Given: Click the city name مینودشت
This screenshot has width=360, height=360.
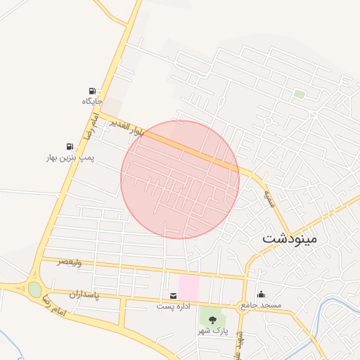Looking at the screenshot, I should point(290,238).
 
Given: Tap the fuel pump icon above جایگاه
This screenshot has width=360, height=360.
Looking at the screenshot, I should point(93,91).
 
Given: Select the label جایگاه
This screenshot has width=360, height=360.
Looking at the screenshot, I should point(93,102).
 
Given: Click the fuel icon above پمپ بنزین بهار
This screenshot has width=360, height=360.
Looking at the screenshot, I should point(69,146).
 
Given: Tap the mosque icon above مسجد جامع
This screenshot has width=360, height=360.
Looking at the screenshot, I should point(262,295).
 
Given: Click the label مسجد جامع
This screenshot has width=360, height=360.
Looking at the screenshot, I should point(261,306).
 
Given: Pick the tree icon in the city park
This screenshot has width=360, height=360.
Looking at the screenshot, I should point(213,320).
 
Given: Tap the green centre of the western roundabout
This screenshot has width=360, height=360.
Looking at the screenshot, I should point(34,289).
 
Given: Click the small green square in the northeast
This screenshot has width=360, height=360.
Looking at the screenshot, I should point(300,94).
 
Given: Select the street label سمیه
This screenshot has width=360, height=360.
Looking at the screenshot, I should point(268,196).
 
